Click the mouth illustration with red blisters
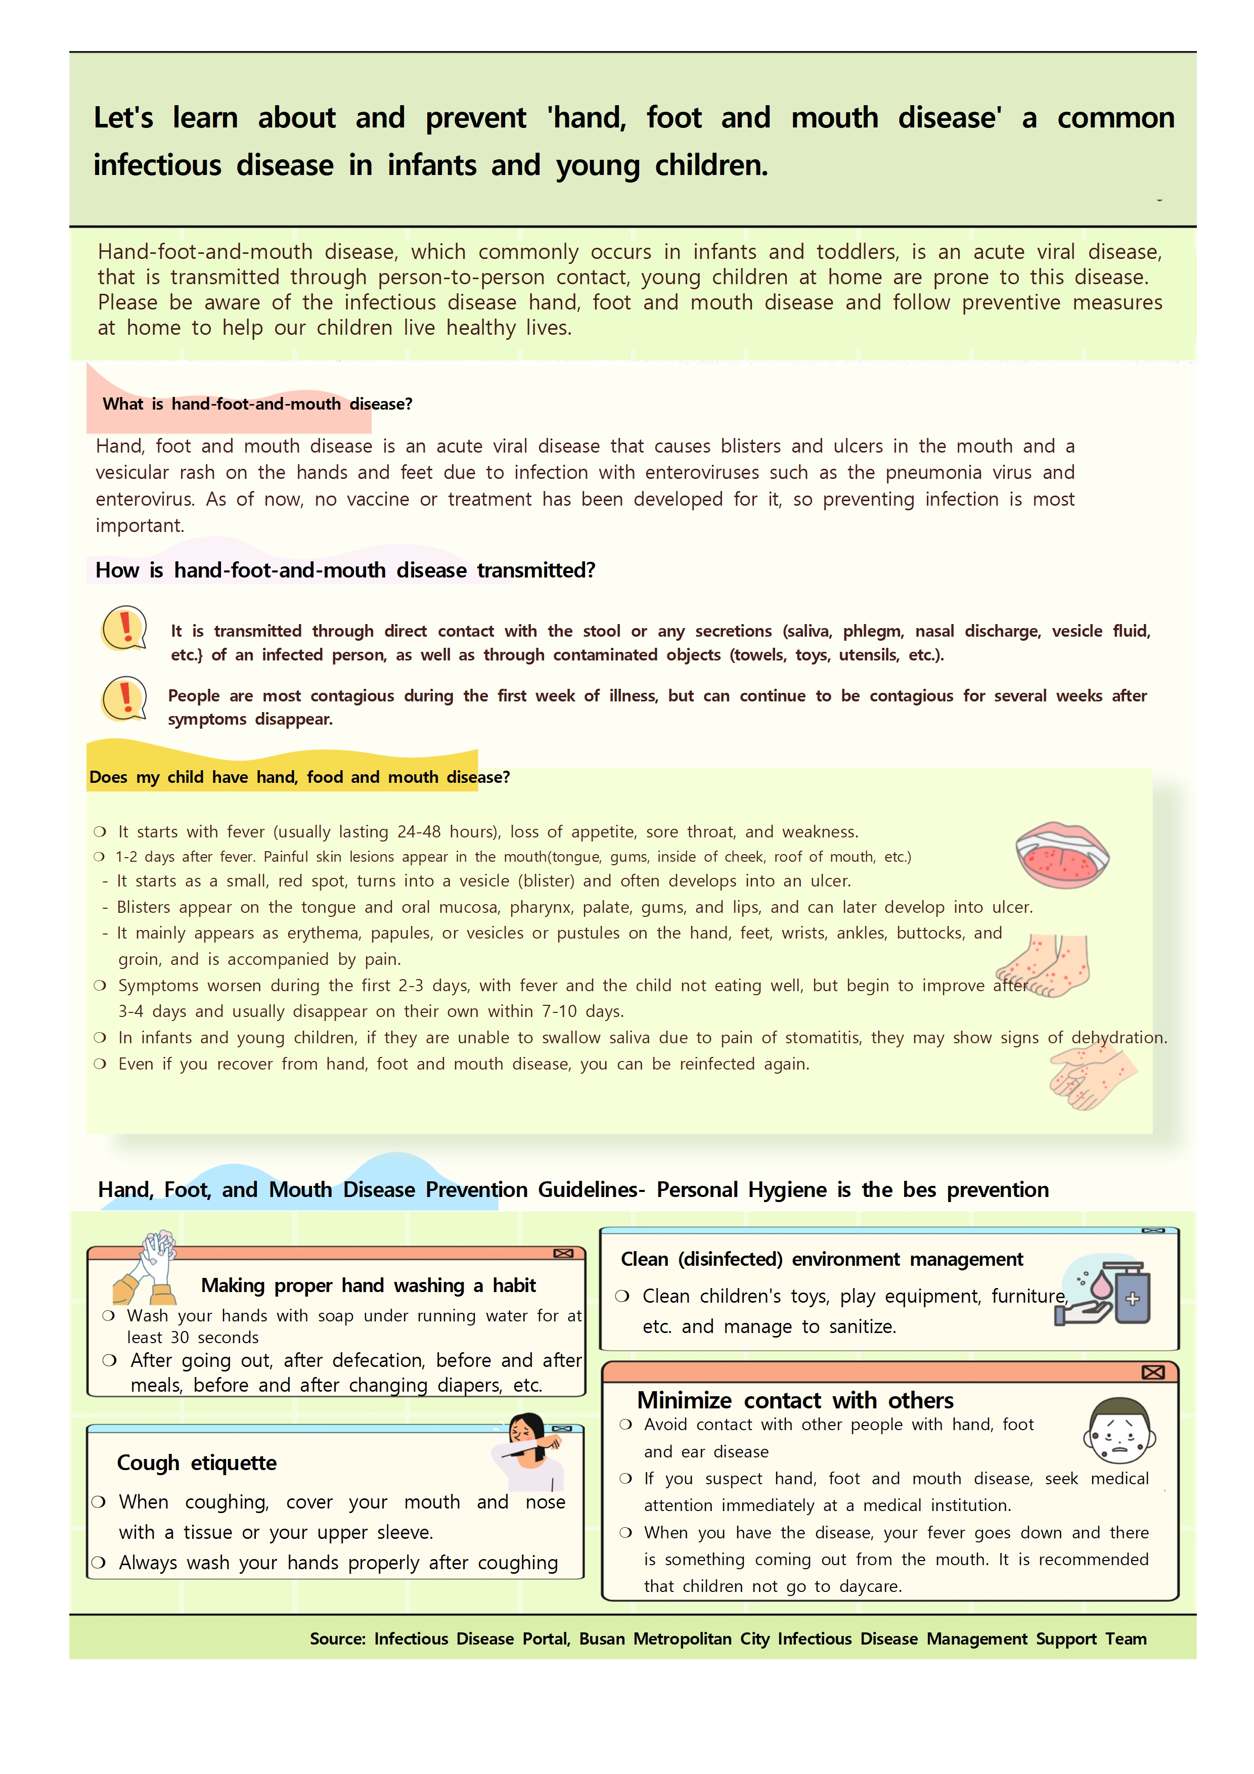pyautogui.click(x=1062, y=855)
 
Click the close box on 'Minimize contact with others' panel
pyautogui.click(x=1153, y=1372)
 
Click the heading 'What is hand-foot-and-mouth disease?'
pyautogui.click(x=257, y=404)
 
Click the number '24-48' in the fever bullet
pyautogui.click(x=419, y=832)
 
